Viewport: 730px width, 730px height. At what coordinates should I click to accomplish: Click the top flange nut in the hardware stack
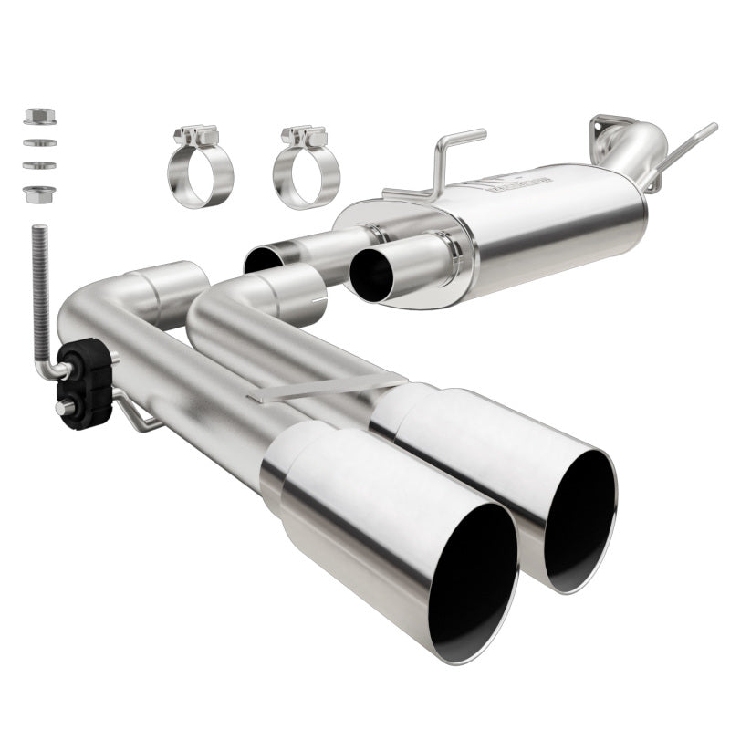tap(40, 117)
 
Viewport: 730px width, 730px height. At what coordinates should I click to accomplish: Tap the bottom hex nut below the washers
tap(40, 193)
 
